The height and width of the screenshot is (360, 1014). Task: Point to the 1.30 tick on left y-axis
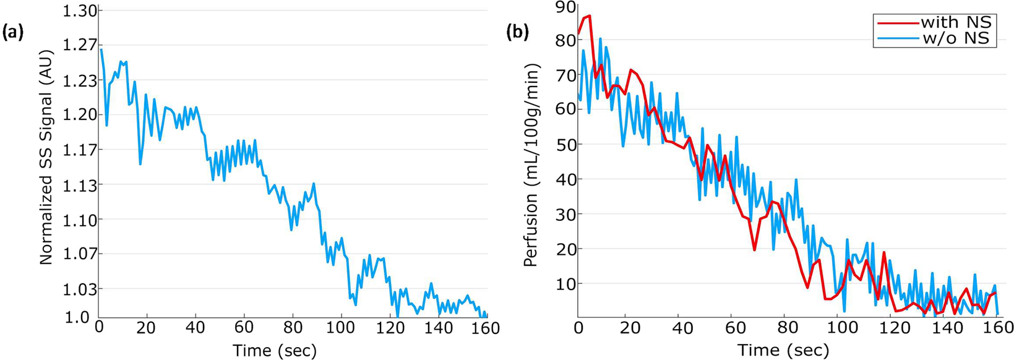tap(80, 11)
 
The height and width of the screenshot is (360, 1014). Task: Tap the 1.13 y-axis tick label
tap(80, 184)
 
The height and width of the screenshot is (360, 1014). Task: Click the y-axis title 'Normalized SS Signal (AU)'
tap(47, 157)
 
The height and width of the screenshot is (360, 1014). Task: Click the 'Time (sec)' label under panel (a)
tap(275, 351)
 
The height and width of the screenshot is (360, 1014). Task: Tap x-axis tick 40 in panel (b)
tap(682, 328)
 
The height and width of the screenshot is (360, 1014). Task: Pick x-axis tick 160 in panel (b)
tap(995, 328)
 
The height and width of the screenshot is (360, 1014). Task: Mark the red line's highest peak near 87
tap(590, 16)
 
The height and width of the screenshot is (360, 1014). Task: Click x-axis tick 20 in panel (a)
tap(147, 328)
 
